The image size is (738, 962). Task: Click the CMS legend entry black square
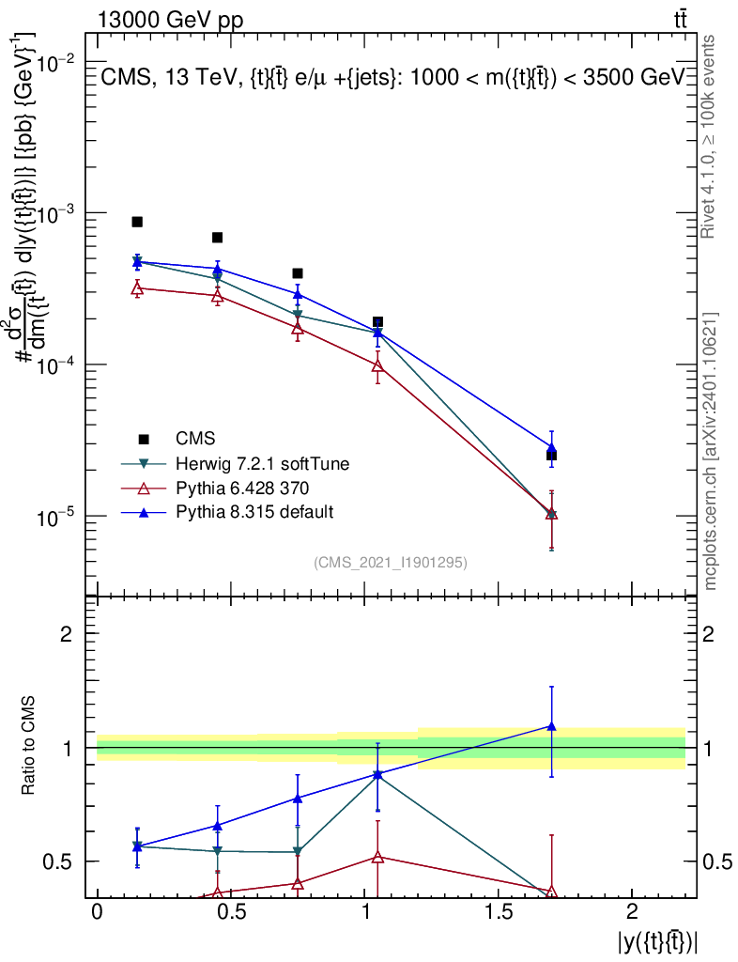144,439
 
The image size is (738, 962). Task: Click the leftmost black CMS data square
137,222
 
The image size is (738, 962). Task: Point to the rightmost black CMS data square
551,456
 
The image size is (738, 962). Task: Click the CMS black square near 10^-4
377,322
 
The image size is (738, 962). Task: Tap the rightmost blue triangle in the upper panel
551,448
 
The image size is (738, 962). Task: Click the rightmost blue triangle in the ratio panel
551,726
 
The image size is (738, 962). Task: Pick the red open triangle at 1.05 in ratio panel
377,857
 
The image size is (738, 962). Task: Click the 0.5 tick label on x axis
230,912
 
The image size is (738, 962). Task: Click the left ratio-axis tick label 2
67,634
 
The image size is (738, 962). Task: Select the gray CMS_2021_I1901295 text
391,562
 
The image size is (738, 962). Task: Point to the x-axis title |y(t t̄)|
657,940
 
